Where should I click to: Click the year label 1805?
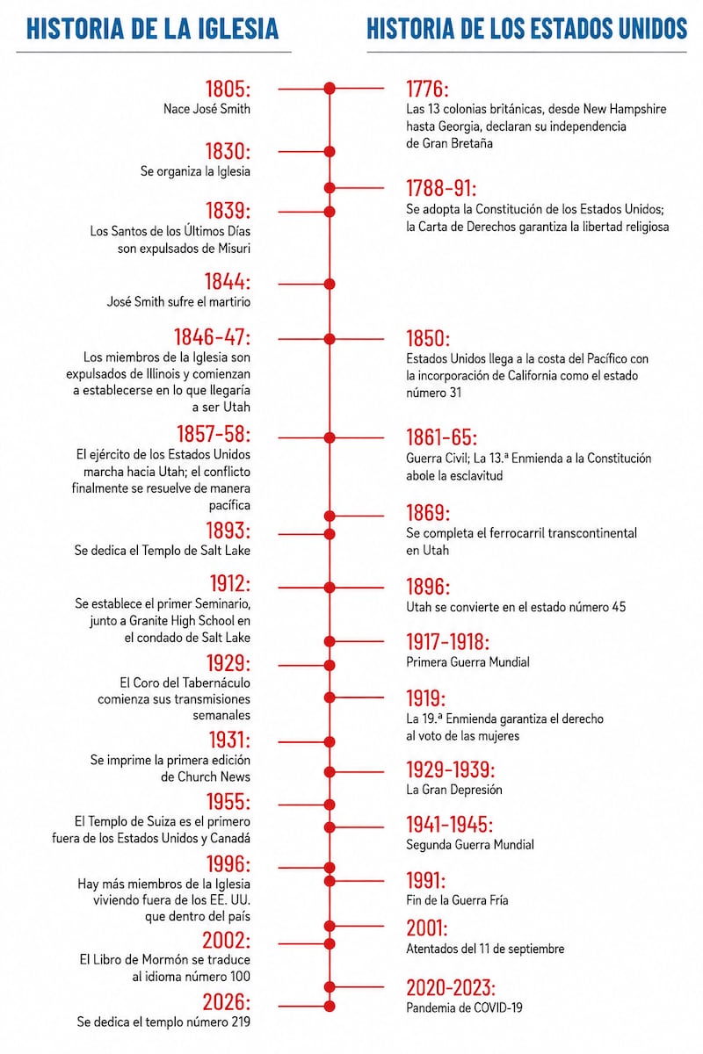pos(228,89)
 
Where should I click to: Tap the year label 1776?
pos(427,89)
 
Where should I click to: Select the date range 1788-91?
pos(441,188)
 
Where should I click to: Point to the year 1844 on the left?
pos(227,282)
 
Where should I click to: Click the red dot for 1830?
pos(330,151)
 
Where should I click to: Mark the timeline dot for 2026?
pos(330,1006)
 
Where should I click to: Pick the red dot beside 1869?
pos(330,516)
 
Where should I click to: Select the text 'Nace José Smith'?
pos(207,109)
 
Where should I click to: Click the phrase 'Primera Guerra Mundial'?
pos(467,662)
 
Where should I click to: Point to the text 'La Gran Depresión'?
pos(454,789)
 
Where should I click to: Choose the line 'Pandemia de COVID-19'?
pos(464,1007)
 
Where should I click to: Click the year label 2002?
pos(226,940)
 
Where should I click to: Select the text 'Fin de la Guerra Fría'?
pos(457,900)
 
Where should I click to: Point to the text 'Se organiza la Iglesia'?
pos(195,171)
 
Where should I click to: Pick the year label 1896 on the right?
pos(428,587)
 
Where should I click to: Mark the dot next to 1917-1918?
pos(330,641)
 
